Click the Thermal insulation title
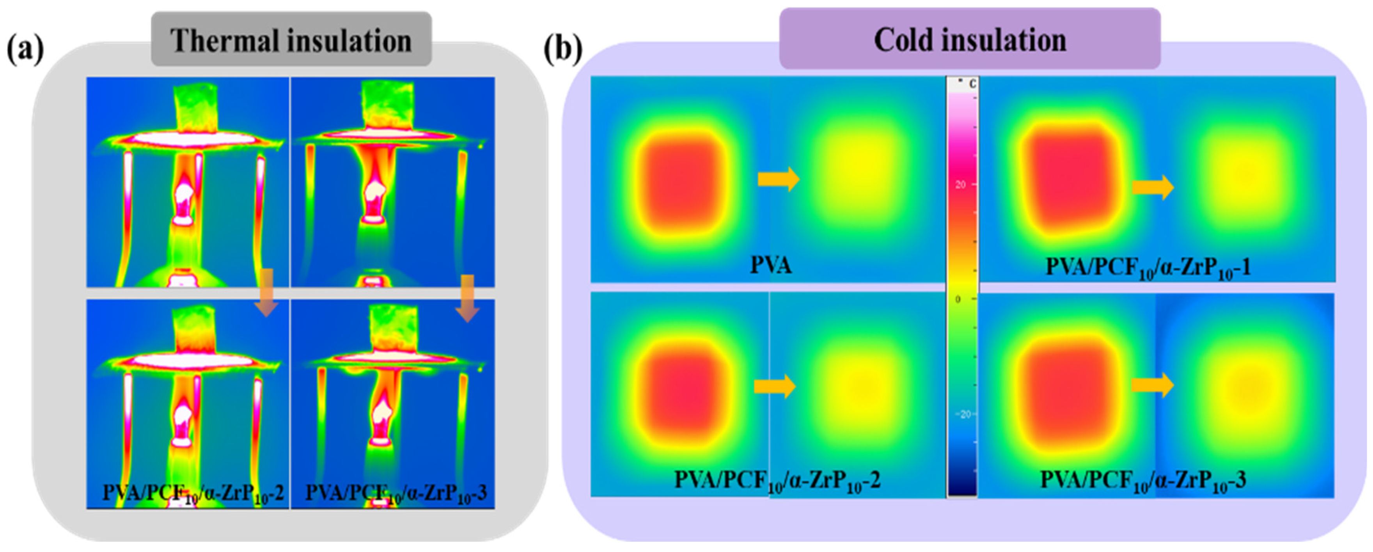[x=291, y=41]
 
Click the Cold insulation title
[x=970, y=39]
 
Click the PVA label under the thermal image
[x=771, y=265]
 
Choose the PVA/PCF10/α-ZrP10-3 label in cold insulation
[x=1143, y=481]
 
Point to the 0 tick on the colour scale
[x=958, y=300]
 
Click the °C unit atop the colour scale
[x=970, y=83]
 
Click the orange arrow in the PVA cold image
[x=779, y=179]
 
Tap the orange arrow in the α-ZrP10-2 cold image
[x=774, y=386]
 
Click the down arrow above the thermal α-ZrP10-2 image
[x=266, y=293]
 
